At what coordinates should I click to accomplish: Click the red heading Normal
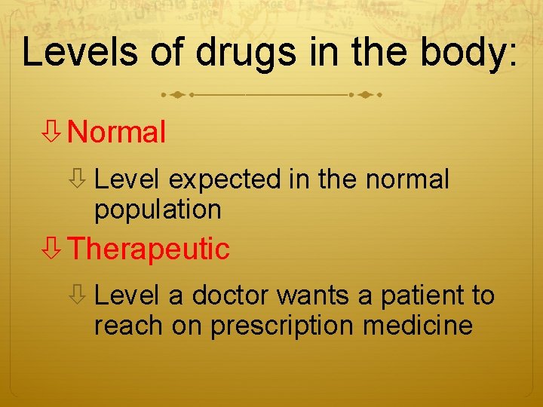coord(116,133)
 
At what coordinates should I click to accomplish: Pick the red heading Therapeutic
coord(149,249)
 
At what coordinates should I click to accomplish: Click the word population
coord(158,210)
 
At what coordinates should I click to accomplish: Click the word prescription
coord(283,326)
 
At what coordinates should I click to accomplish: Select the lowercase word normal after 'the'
coord(406,180)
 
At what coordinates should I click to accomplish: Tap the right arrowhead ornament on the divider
coord(367,96)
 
